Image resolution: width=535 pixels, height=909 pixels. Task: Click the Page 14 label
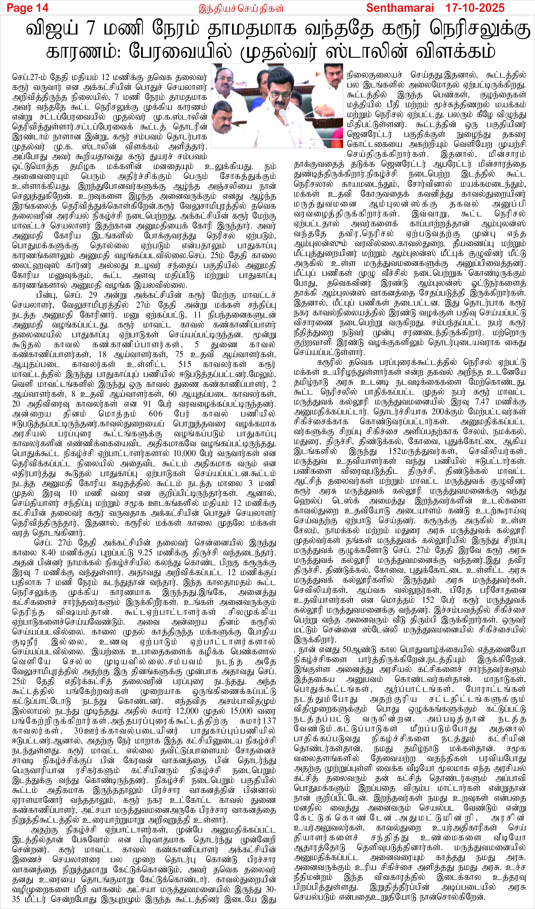coord(27,7)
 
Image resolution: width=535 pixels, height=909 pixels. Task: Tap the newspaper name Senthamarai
coord(399,7)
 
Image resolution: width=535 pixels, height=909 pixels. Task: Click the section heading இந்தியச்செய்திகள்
coord(241,8)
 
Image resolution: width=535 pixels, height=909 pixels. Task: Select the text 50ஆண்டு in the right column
coord(355,650)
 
